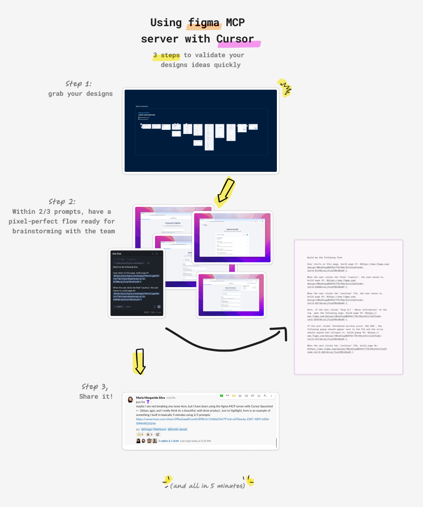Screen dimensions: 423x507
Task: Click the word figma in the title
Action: click(x=204, y=22)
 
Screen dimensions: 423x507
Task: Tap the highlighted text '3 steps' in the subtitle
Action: click(x=166, y=55)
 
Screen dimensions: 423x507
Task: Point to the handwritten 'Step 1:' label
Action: click(x=79, y=84)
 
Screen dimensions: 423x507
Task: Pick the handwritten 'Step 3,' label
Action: click(x=95, y=387)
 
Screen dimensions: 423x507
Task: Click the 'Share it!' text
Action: click(x=96, y=397)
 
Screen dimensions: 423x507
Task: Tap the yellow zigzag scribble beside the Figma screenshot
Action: click(x=284, y=87)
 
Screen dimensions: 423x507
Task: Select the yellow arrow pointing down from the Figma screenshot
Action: click(x=224, y=191)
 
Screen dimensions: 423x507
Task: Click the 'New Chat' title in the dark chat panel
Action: click(x=117, y=253)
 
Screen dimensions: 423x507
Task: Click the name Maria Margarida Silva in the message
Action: click(x=150, y=398)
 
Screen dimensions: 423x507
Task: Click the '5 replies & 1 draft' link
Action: click(x=169, y=441)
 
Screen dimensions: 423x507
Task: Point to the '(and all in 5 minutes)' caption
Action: click(x=208, y=486)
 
